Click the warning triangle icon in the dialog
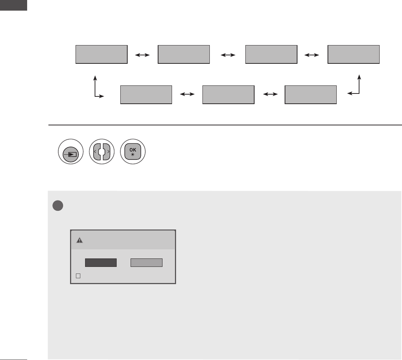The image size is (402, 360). coord(79,240)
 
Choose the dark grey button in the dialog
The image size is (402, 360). coord(101,262)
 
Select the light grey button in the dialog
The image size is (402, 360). coord(146,262)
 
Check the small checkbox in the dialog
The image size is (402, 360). coord(78,276)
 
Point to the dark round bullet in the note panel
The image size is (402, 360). coord(58,206)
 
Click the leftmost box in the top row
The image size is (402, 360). coord(102,55)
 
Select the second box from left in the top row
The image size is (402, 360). coord(184,55)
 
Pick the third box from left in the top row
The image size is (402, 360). coord(271,55)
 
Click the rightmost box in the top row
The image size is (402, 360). coord(354,55)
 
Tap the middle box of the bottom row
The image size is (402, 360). coord(228,95)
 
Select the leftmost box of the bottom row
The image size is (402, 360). coord(146,95)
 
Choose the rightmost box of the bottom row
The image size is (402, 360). coord(311,95)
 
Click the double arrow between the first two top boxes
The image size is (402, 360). coord(143,55)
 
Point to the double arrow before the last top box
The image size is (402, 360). coord(312,55)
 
